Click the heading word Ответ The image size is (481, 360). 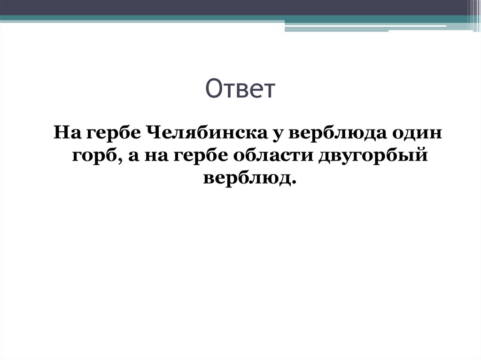[240, 89]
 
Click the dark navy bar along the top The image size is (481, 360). [235, 8]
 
